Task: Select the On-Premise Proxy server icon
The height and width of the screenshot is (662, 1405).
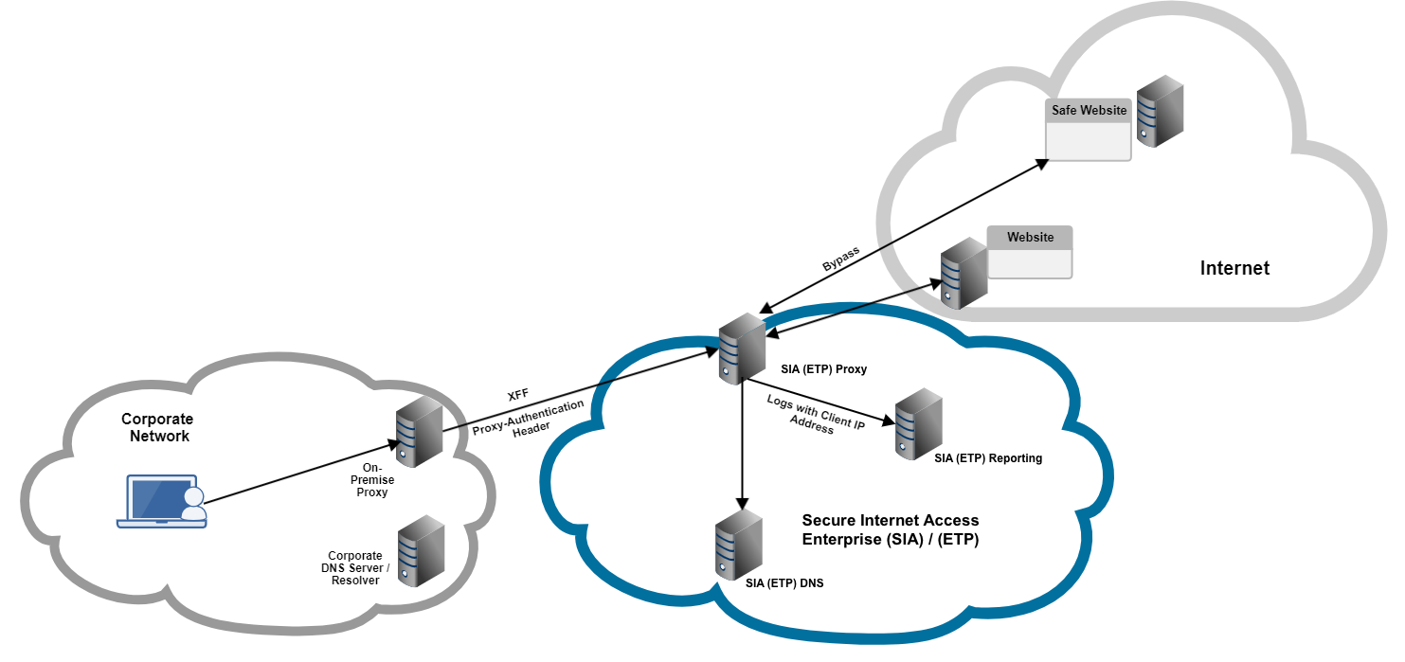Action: point(419,432)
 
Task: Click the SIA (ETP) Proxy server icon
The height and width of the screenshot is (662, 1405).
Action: point(741,349)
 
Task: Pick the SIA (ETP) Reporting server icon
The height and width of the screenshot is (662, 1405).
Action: point(918,423)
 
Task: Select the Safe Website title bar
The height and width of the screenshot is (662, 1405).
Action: point(1089,111)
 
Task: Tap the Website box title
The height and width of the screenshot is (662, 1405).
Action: point(1030,238)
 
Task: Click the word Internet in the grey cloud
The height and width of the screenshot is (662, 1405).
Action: point(1234,268)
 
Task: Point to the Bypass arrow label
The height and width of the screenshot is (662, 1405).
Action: point(841,259)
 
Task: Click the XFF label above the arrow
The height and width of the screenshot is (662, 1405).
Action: point(518,394)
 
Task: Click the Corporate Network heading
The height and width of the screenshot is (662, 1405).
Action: point(157,427)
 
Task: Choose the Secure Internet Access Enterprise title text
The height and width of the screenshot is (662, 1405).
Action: point(890,530)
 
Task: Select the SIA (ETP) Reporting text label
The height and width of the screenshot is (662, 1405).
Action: point(987,458)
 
